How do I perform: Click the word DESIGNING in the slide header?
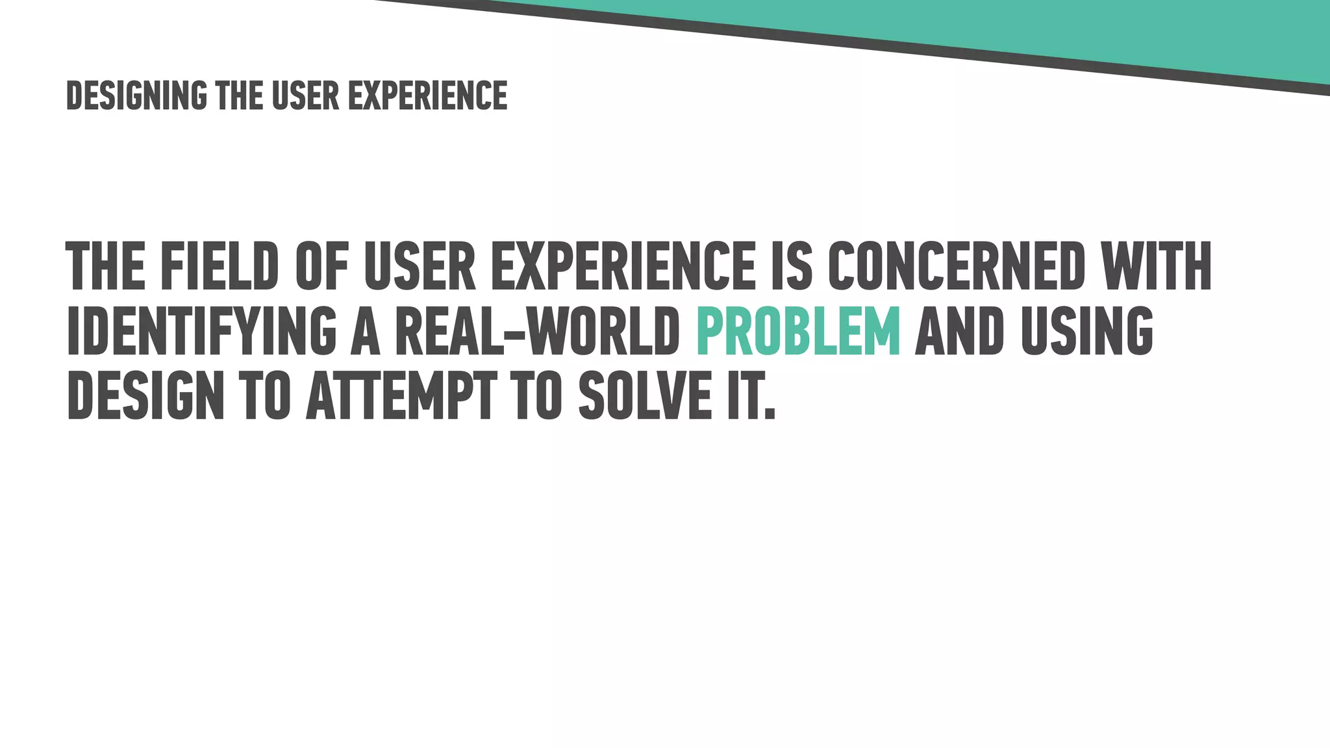tap(136, 96)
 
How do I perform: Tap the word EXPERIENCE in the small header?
tap(427, 96)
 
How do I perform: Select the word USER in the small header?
tap(305, 96)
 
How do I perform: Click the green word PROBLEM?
tap(798, 331)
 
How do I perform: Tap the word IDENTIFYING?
tap(201, 331)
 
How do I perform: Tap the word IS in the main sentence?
tap(791, 266)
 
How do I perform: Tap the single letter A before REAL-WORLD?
tap(365, 331)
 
